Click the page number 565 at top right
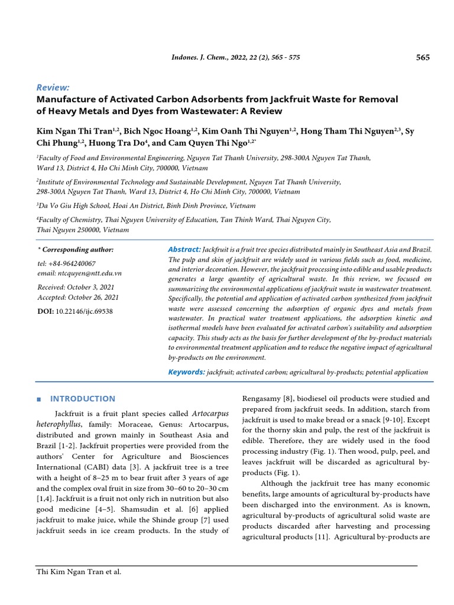[423, 57]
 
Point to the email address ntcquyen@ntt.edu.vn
[79, 274]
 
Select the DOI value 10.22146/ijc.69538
[85, 311]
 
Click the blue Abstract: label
[184, 250]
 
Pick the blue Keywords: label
[186, 372]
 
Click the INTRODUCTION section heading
[83, 399]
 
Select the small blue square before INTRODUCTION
[40, 399]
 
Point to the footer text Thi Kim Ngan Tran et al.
[79, 571]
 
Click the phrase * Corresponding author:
[75, 250]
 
